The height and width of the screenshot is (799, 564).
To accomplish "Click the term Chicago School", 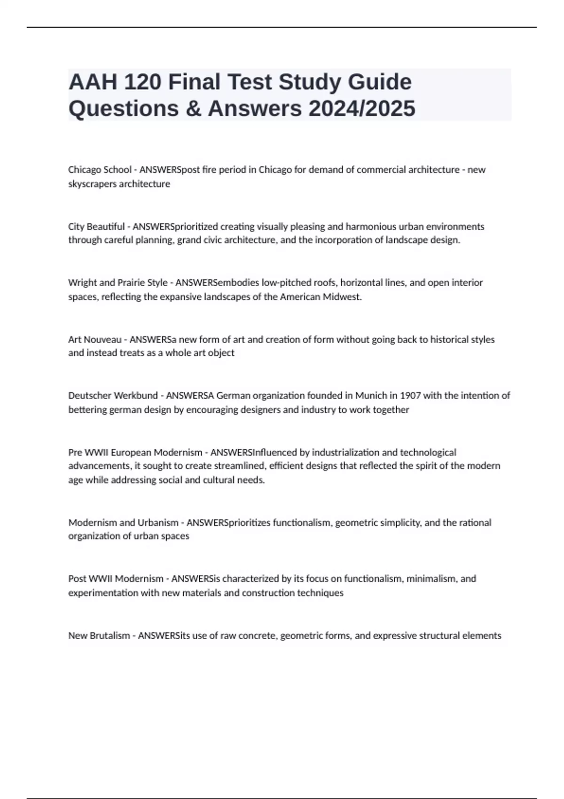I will click(x=100, y=170).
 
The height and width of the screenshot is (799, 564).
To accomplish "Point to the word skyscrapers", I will click(x=92, y=184).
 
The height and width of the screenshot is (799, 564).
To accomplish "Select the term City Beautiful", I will click(x=96, y=227).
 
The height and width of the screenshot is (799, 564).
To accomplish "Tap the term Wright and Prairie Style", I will click(x=117, y=283).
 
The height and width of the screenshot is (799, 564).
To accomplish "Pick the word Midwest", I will click(x=342, y=297).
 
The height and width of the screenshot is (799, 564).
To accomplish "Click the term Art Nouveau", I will click(x=94, y=339).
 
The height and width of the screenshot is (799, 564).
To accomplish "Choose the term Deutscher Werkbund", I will click(x=113, y=396).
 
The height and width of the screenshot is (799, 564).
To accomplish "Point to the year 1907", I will click(x=410, y=396).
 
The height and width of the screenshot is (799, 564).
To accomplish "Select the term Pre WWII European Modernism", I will click(x=135, y=453).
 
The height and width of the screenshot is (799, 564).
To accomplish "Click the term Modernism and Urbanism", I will click(x=123, y=523).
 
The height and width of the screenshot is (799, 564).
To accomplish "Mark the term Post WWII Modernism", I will click(x=116, y=579).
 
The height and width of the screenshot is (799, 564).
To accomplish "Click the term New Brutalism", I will click(x=99, y=635).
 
